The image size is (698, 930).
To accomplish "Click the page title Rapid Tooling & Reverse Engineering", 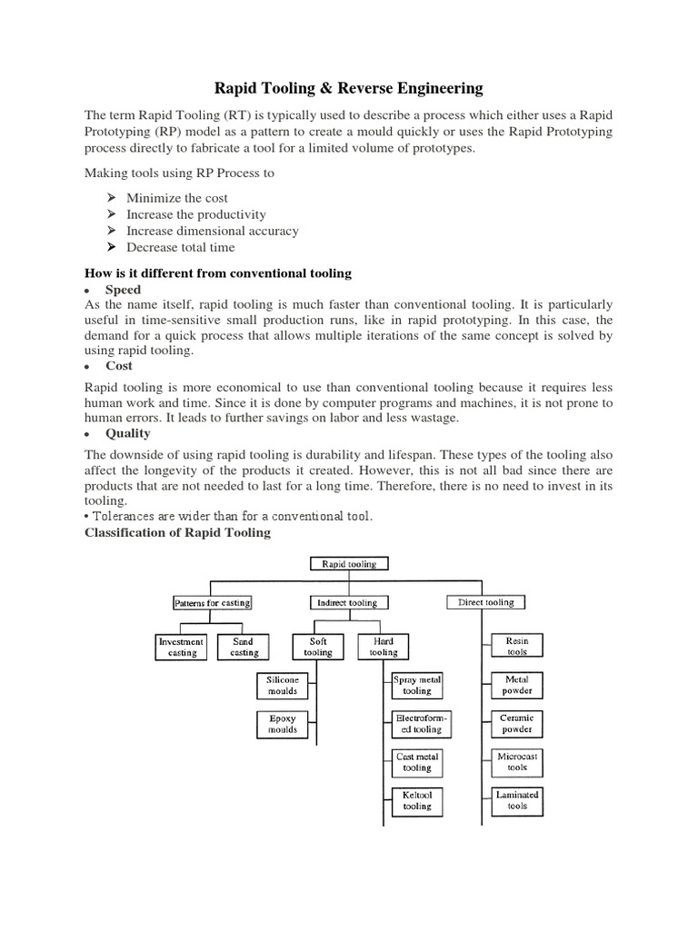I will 349,88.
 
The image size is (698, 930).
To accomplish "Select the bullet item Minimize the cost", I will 177,198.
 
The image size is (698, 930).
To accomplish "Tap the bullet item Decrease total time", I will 180,247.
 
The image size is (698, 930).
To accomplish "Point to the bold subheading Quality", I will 128,433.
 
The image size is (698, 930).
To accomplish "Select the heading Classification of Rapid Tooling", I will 177,532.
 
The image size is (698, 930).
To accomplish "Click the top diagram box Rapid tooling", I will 349,564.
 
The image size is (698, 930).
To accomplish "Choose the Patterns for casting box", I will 212,602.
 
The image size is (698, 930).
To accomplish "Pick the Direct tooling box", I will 486,602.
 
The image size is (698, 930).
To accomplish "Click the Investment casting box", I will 182,647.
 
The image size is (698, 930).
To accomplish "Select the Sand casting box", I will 244,647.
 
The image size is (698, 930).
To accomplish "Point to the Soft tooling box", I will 318,647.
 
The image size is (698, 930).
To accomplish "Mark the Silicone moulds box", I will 282,686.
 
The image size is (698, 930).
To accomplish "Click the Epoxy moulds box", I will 282,724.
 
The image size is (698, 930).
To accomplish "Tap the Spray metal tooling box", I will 417,686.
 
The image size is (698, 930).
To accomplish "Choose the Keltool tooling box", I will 417,800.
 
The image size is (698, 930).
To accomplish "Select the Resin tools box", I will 517,647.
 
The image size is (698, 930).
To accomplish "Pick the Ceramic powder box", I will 517,724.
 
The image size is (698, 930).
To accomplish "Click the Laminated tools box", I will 517,800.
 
